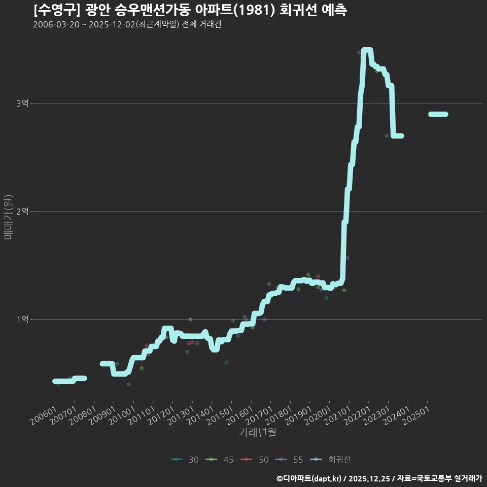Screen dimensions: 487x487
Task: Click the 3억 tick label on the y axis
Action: point(22,103)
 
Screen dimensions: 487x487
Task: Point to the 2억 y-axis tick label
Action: point(22,211)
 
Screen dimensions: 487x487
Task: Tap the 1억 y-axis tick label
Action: point(22,319)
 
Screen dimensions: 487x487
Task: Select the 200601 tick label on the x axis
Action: point(44,416)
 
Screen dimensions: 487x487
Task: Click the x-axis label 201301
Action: point(181,416)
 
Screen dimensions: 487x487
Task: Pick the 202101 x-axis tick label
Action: point(338,416)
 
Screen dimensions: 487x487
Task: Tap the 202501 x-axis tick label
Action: point(416,416)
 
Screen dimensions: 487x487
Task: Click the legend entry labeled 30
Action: point(185,460)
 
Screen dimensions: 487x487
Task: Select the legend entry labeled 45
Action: point(220,460)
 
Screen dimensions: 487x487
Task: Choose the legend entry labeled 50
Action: point(255,460)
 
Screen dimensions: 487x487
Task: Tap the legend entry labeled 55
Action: point(289,460)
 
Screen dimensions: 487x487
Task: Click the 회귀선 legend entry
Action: point(330,460)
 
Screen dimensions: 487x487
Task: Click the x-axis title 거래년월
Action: point(258,432)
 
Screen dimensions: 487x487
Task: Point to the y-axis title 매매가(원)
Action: point(8,217)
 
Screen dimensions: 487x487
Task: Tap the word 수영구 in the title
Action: point(57,10)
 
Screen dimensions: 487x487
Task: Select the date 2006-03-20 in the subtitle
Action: point(56,24)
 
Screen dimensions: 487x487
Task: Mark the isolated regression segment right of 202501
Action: point(438,114)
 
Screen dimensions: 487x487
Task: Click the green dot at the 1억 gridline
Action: point(191,319)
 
